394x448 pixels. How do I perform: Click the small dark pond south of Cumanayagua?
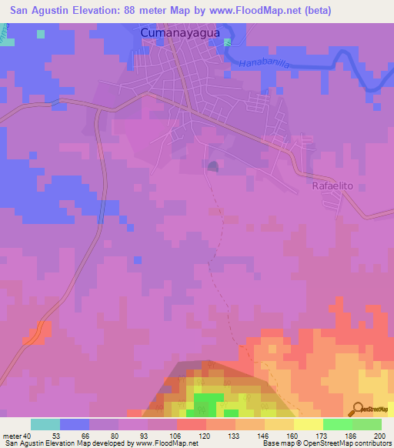212,166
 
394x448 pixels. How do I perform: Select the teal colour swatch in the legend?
45,424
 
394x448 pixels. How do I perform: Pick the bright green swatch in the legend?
338,424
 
